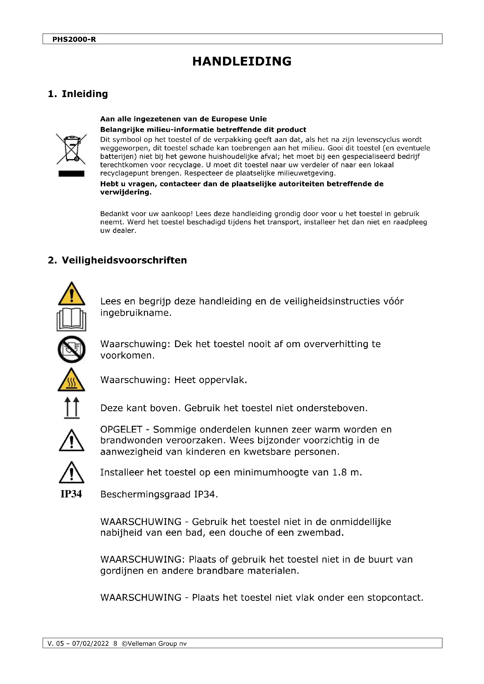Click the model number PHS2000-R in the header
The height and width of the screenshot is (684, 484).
tap(74, 39)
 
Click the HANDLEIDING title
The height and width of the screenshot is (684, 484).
tap(242, 61)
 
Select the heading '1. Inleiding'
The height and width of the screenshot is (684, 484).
tap(78, 94)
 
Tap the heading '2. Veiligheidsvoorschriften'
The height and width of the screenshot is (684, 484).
tap(117, 260)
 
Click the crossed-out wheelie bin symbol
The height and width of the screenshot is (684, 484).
tap(71, 149)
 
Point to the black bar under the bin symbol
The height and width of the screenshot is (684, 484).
tap(71, 174)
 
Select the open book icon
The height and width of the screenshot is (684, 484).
tap(71, 320)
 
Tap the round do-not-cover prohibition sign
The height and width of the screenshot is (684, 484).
tap(71, 349)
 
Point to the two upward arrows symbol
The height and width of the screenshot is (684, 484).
tap(72, 408)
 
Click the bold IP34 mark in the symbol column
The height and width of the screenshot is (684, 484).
tap(71, 494)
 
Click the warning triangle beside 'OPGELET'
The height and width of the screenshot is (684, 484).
tap(71, 441)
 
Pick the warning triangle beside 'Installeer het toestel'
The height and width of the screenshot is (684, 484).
tap(71, 473)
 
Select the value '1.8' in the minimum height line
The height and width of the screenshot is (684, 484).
tap(339, 473)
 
